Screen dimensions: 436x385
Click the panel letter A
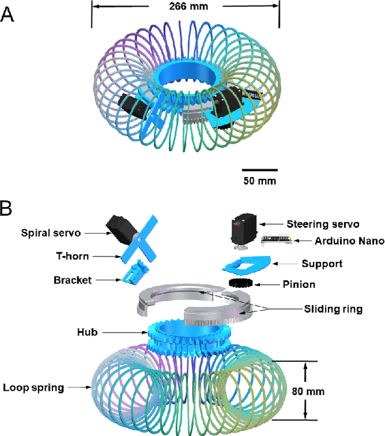[8, 14]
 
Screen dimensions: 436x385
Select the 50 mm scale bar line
[260, 170]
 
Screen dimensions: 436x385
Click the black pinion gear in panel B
[241, 283]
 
